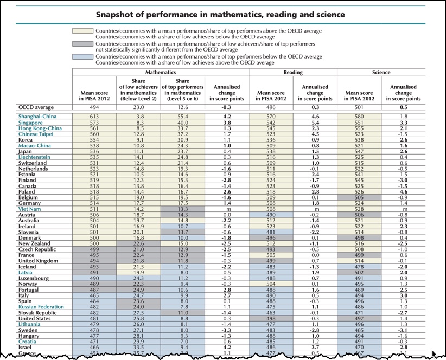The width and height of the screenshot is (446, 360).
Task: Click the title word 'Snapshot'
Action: (x=119, y=14)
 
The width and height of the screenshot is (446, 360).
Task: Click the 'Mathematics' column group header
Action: (x=161, y=72)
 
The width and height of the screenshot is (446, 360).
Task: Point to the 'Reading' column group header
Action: (x=293, y=72)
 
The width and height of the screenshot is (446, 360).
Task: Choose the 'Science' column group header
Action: (x=381, y=72)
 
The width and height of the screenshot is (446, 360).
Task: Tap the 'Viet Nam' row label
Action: (x=29, y=208)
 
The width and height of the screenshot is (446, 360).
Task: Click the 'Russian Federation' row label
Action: (x=41, y=307)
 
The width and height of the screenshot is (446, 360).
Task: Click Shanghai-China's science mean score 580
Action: (x=359, y=117)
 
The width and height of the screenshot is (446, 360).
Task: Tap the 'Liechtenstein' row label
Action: (x=34, y=157)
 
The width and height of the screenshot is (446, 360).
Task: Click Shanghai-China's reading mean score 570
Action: (x=271, y=117)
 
